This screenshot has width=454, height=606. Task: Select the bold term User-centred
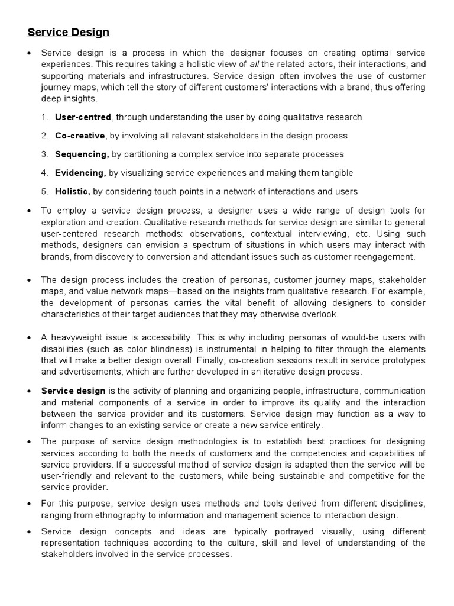tap(83, 117)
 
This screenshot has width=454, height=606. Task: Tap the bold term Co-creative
tap(80, 136)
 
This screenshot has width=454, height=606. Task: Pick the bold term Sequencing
tap(82, 154)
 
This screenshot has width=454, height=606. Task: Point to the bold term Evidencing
tap(80, 173)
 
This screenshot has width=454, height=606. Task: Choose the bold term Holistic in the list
tap(73, 191)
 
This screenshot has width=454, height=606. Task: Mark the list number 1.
tap(44, 117)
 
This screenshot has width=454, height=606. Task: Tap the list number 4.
tap(44, 173)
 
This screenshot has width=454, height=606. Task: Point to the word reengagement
tap(386, 256)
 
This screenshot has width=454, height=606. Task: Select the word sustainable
tap(313, 475)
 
